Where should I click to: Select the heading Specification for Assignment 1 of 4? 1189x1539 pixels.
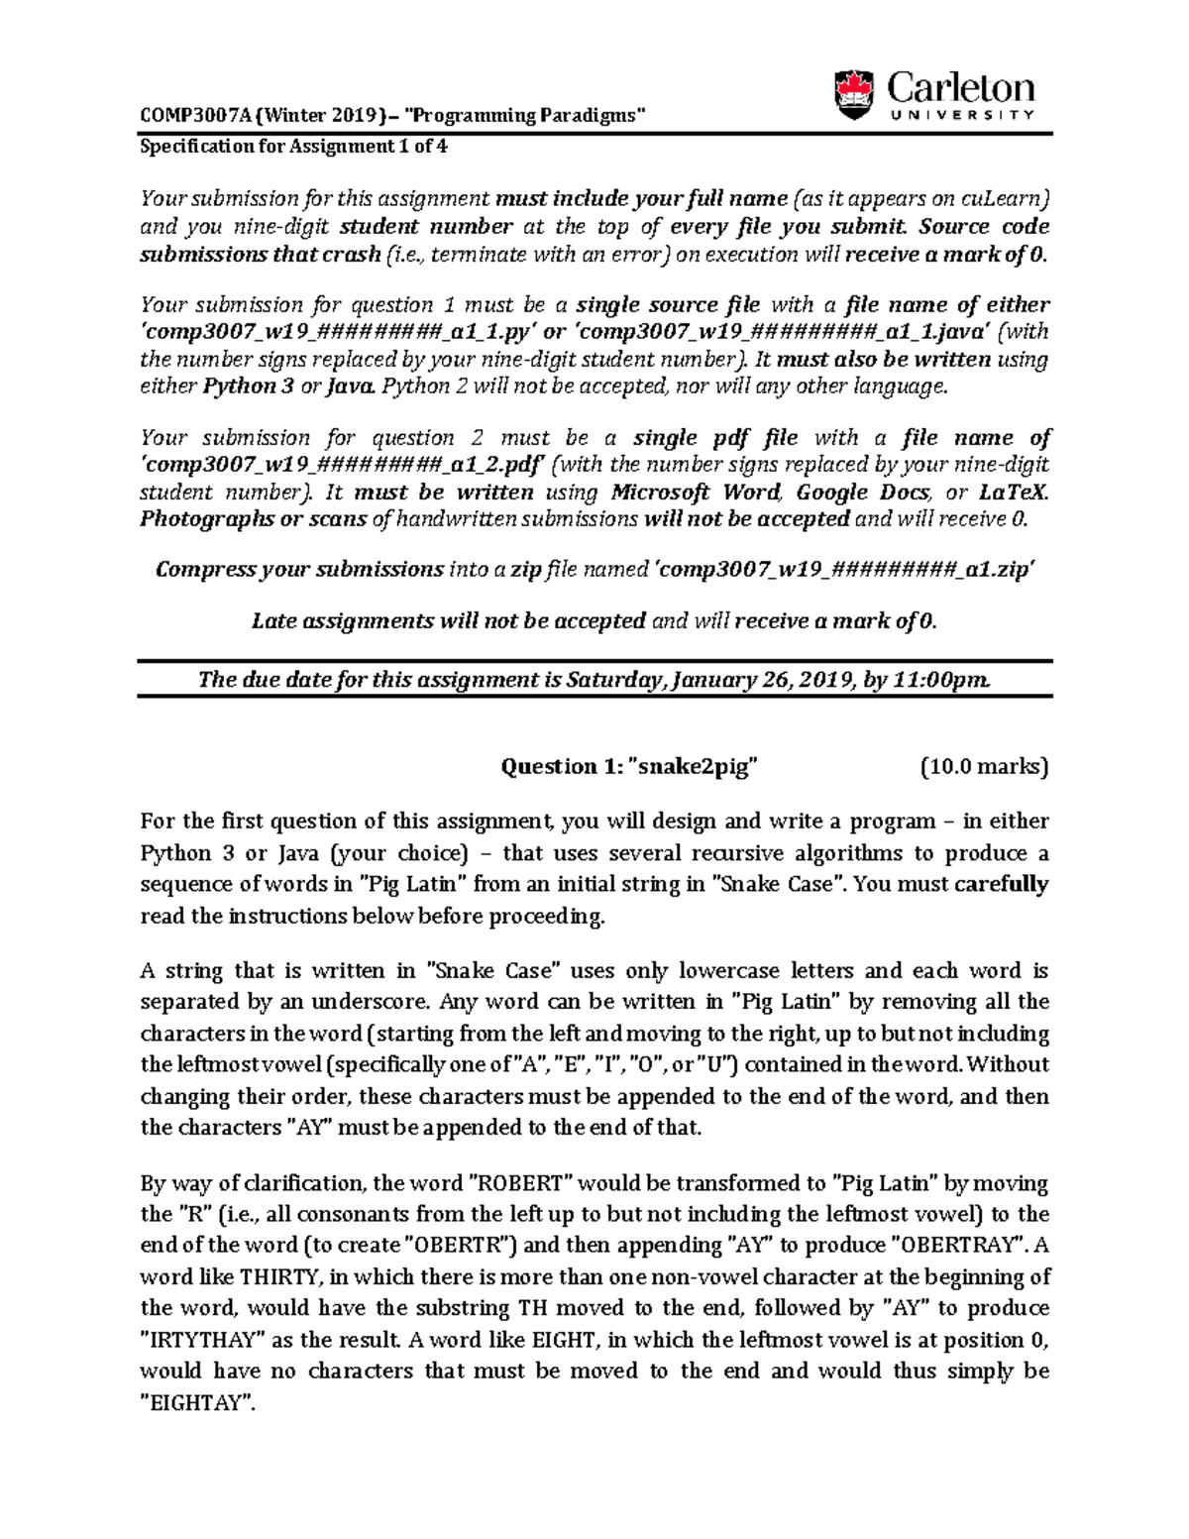294,146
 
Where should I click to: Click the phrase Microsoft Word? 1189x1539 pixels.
696,493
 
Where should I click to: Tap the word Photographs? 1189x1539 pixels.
206,519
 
